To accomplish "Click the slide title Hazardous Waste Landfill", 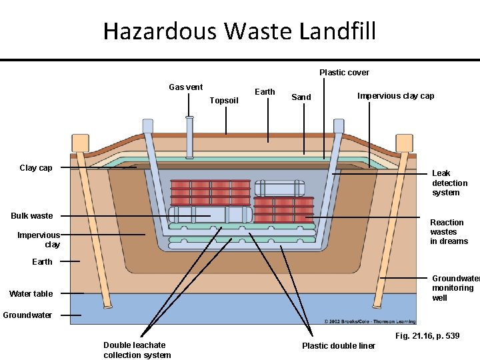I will (x=239, y=31).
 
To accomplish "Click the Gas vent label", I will (x=186, y=87).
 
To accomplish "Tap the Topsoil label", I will (x=223, y=101).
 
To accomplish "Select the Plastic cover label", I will (x=344, y=73).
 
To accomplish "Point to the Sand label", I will (x=301, y=97).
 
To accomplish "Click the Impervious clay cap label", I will (x=395, y=96).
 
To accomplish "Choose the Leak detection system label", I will (x=449, y=183).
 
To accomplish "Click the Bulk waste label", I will (x=31, y=216).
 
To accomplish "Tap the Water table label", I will (x=31, y=294).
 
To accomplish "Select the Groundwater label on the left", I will (x=27, y=315).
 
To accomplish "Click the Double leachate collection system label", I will (x=137, y=350).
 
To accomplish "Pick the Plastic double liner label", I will (x=339, y=345).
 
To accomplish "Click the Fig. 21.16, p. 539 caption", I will (x=427, y=335).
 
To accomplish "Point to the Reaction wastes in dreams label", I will (x=449, y=232).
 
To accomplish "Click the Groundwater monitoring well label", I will (x=455, y=288).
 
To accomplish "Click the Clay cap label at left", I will (x=36, y=168).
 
